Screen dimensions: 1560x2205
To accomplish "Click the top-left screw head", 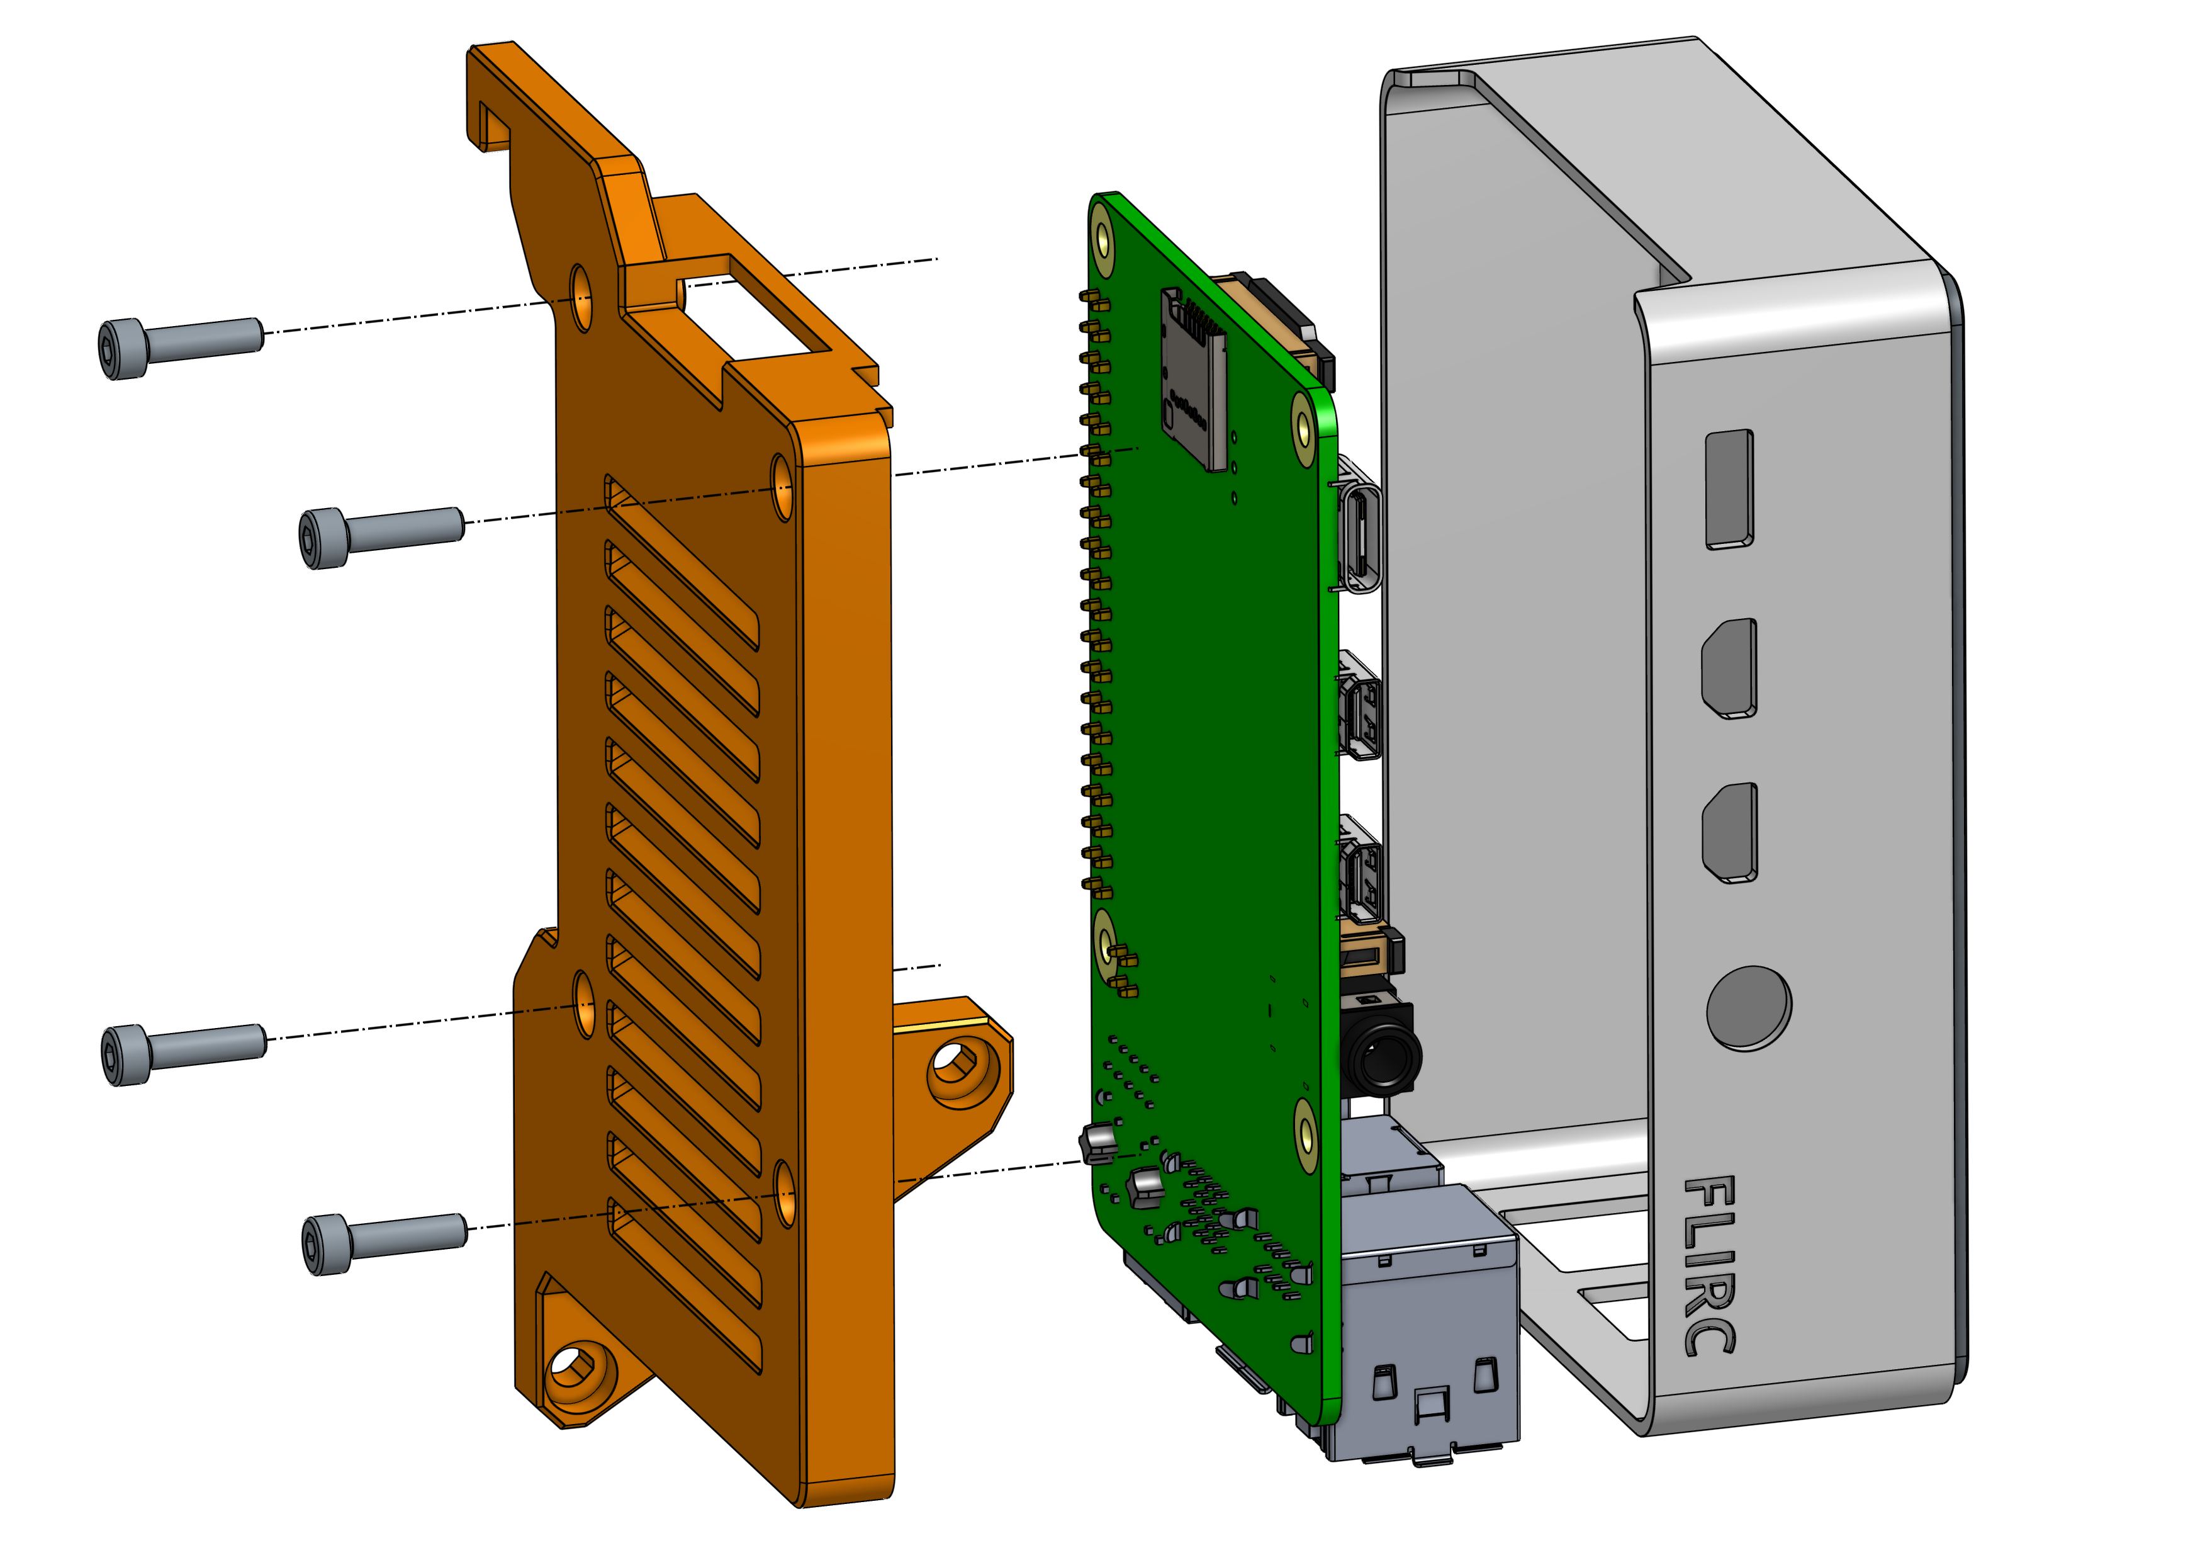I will [123, 349].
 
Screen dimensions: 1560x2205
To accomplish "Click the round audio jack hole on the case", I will [1748, 1008].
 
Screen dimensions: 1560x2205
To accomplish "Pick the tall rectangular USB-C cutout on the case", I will [1729, 489].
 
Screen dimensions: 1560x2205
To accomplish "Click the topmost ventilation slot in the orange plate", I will [682, 562].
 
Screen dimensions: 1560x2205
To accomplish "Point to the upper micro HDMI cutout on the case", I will [1729, 667].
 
